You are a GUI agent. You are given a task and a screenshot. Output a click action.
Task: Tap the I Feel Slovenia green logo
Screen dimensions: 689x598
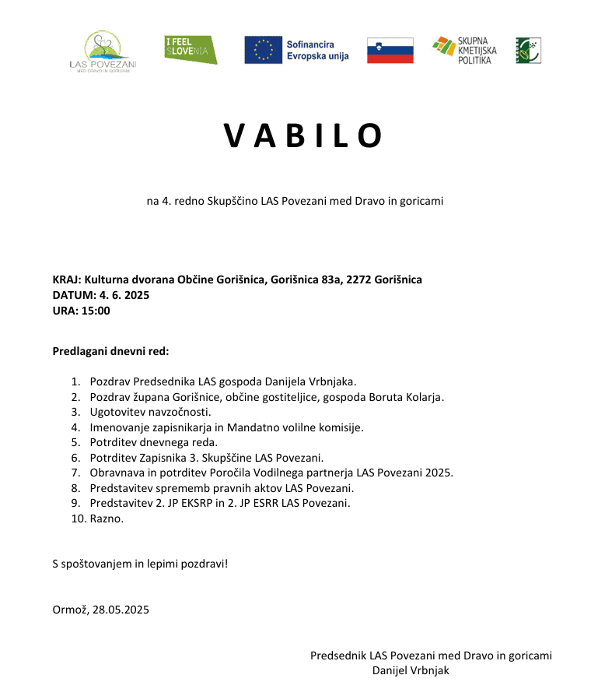[x=191, y=50]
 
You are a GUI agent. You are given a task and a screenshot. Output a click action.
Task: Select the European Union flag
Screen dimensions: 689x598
[x=263, y=50]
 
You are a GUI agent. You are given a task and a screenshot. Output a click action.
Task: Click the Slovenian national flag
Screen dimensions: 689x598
[x=390, y=51]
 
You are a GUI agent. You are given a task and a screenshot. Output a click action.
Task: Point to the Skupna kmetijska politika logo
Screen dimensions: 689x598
[x=464, y=50]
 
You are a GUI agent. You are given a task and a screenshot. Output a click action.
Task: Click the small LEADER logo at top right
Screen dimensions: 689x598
[x=528, y=50]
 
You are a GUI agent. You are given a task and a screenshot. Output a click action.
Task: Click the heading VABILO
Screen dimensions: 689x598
[x=303, y=136]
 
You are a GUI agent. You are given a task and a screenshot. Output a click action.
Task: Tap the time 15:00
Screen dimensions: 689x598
[x=96, y=311]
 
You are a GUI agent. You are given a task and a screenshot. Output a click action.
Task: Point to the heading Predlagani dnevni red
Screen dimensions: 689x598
[x=110, y=350]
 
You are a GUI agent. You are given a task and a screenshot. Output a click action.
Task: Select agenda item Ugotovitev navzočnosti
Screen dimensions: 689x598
[x=150, y=412]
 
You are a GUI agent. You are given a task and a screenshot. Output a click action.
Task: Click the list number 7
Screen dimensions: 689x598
[x=75, y=473]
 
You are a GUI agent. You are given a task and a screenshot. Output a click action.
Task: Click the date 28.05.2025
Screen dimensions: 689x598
[x=120, y=609]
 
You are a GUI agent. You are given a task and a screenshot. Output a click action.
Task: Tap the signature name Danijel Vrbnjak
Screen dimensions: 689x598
[x=411, y=670]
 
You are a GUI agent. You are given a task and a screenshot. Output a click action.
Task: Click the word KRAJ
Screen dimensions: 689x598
[x=65, y=279]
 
